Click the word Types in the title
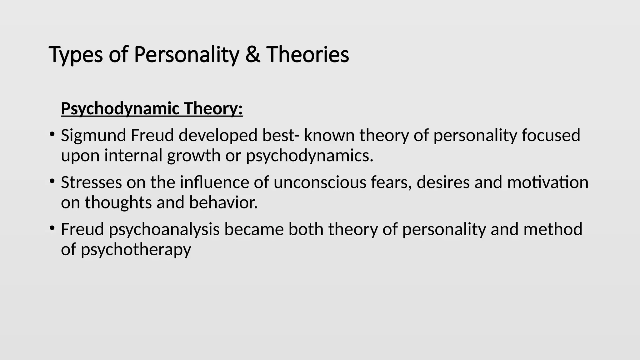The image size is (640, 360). tap(76, 55)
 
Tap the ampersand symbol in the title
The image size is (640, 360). tap(253, 54)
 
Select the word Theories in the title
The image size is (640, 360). tap(307, 54)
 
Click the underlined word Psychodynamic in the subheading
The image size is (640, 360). tap(120, 109)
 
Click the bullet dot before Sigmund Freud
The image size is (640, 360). tap(52, 135)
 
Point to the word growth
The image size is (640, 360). tap(194, 156)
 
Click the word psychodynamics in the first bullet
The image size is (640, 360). tap(309, 156)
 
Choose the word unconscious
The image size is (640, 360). tap(320, 182)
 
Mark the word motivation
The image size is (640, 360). tap(547, 182)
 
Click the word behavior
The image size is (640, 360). tap(223, 202)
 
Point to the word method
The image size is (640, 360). tap(553, 229)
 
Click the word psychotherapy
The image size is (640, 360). tap(136, 250)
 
